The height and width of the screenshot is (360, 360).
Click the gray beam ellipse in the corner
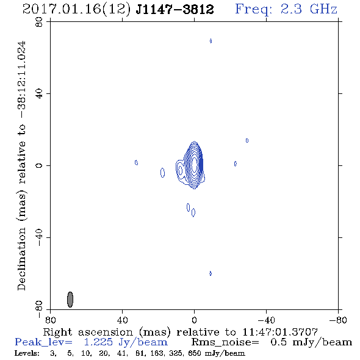70,300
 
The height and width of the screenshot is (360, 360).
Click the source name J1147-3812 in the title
175,9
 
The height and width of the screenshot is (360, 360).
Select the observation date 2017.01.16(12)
77,9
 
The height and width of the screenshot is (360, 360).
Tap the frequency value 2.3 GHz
309,9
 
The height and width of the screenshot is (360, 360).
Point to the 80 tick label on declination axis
39,22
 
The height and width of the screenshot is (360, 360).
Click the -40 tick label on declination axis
39,237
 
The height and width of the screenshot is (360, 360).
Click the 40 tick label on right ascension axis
123,320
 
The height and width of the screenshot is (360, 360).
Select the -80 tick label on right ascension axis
338,320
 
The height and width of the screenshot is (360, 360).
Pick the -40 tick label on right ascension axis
266,320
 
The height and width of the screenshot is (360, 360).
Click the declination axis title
22,165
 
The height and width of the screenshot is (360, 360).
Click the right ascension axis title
181,332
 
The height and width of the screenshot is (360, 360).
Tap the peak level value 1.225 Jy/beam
126,342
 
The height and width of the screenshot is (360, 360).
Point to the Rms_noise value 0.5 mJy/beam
311,342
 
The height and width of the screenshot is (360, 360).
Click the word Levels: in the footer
27,353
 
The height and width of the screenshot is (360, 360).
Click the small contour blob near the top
211,41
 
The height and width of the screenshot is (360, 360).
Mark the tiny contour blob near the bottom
211,273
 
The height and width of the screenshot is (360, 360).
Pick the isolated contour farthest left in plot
136,162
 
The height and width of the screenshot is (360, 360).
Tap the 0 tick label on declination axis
39,165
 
